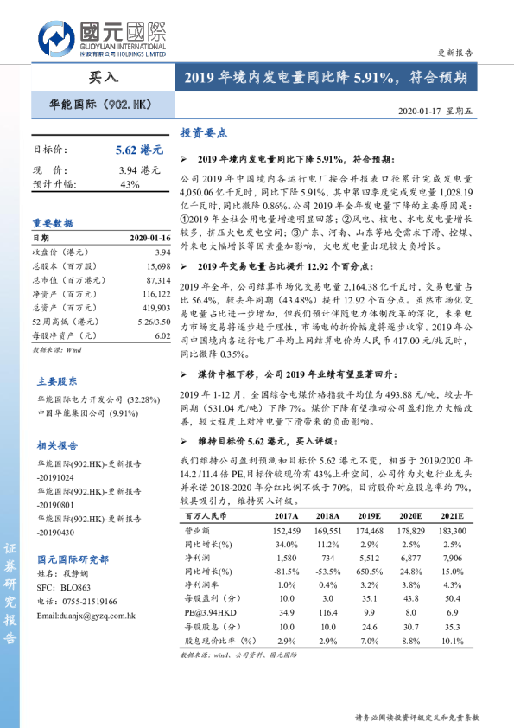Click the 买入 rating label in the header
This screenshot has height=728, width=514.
[x=104, y=78]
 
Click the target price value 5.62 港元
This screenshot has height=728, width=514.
[x=138, y=150]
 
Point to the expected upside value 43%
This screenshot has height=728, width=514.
[x=130, y=184]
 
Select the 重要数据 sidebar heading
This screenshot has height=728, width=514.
[x=54, y=223]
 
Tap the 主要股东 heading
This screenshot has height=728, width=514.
[x=57, y=355]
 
